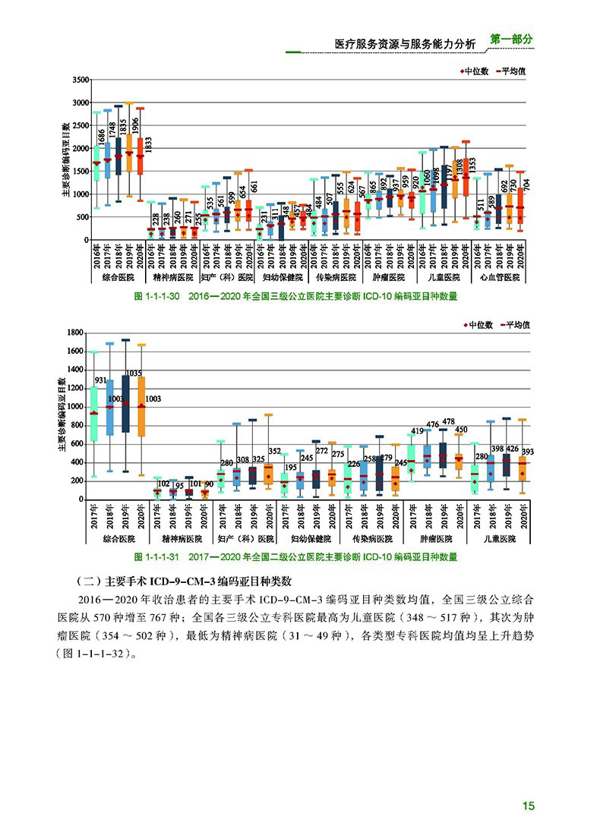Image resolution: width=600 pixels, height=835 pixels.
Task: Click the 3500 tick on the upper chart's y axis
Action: tap(79, 80)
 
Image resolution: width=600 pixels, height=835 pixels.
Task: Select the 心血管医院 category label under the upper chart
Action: tap(501, 278)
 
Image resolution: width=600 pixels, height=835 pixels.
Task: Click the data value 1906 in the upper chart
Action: tap(135, 127)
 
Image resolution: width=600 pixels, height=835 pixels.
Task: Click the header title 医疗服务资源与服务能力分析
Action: tap(405, 45)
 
